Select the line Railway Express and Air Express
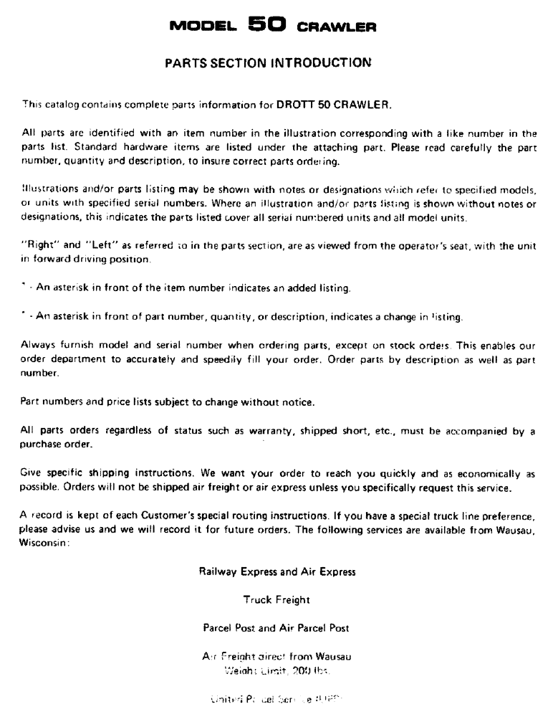pos(276,572)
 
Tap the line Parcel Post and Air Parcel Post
pos(276,627)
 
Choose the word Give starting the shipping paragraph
pos(32,476)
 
